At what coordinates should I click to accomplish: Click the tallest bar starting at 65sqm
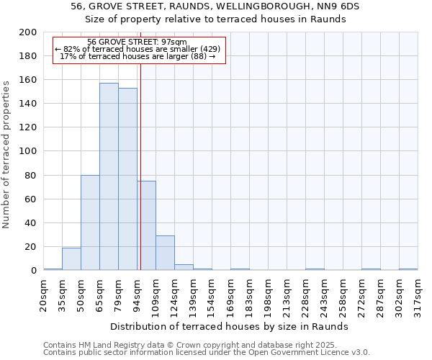coord(109,176)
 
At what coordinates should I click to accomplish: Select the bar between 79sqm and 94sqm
coord(127,179)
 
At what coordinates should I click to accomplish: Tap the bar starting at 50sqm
coord(90,222)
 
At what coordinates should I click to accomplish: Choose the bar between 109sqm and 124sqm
coord(165,253)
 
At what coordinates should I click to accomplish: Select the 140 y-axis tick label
coord(28,104)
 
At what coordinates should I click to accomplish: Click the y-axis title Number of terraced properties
coord(7,154)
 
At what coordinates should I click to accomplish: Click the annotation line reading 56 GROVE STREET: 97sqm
coord(137,42)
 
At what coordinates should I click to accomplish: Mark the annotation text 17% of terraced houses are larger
coord(138,56)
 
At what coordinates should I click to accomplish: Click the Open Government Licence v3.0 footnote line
coord(207,353)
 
